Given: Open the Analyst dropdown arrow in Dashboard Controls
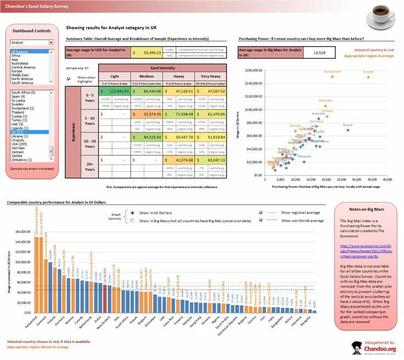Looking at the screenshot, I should coord(51,42).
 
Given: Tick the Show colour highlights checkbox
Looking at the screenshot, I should coord(68,78).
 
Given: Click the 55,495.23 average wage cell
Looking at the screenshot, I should coord(147,53).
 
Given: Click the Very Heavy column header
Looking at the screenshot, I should coord(210,76).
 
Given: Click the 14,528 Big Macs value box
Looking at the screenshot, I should coord(319,53).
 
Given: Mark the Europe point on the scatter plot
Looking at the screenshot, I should coord(368,77).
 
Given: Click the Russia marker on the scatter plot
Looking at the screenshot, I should coord(344,130).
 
